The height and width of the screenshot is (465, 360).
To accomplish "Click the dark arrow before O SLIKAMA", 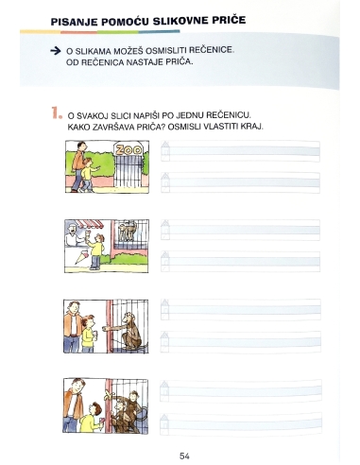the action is click(56, 51).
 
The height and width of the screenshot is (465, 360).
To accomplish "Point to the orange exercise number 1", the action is click(56, 112).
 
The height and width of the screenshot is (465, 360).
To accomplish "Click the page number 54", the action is click(184, 456).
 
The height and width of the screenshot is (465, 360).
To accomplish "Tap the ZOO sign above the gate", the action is click(129, 149).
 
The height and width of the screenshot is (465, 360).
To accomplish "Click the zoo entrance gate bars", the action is click(129, 172).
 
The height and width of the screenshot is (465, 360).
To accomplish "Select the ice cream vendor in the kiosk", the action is click(73, 234).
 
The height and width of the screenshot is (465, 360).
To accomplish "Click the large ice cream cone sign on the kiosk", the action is click(82, 257).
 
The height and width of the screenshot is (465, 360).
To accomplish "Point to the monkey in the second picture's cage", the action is click(127, 230).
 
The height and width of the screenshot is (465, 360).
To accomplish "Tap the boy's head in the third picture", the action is click(88, 321).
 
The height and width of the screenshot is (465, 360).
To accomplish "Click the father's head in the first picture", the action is click(81, 146).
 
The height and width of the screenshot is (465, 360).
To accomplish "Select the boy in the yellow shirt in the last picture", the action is click(91, 418).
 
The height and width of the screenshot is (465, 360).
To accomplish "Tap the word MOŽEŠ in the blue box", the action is click(129, 51).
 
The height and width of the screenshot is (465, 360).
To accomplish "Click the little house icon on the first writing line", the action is click(165, 151).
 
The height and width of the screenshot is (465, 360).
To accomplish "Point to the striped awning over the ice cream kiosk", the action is click(91, 224).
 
